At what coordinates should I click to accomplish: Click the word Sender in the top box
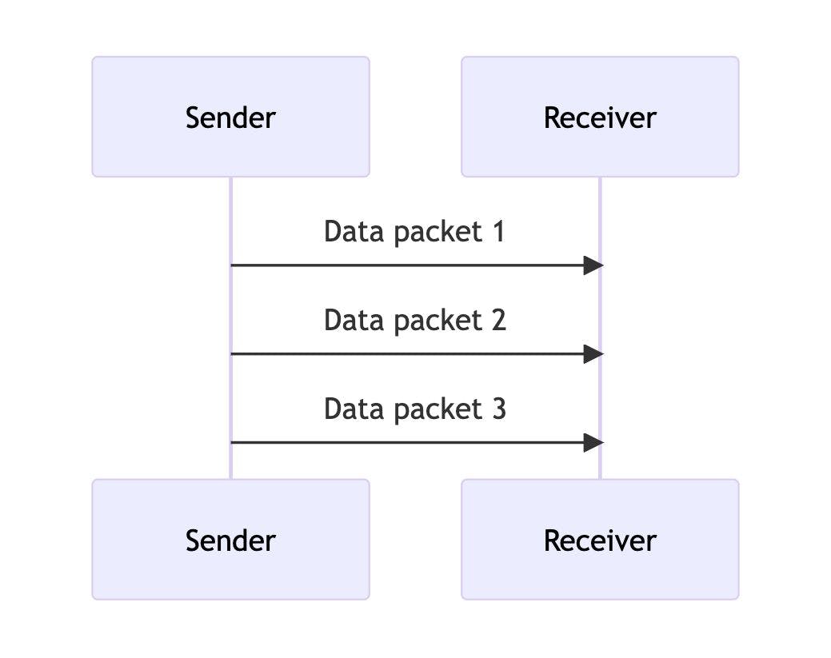pyautogui.click(x=230, y=118)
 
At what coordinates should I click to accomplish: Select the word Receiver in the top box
pyautogui.click(x=600, y=118)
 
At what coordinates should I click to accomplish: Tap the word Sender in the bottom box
pyautogui.click(x=230, y=540)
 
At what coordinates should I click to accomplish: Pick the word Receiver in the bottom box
pyautogui.click(x=600, y=540)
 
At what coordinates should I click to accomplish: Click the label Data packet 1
pyautogui.click(x=414, y=232)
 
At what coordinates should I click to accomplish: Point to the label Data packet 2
pyautogui.click(x=414, y=320)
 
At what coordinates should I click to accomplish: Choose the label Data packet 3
pyautogui.click(x=414, y=409)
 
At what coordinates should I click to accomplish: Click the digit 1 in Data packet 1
pyautogui.click(x=498, y=232)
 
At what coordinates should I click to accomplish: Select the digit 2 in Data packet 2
pyautogui.click(x=498, y=320)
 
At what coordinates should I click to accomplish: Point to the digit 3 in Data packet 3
pyautogui.click(x=498, y=409)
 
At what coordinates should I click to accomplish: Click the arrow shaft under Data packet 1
pyautogui.click(x=400, y=265)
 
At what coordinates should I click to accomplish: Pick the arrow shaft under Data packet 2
pyautogui.click(x=400, y=354)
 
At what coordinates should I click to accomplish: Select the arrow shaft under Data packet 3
pyautogui.click(x=400, y=442)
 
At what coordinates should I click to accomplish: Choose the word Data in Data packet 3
pyautogui.click(x=350, y=409)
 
